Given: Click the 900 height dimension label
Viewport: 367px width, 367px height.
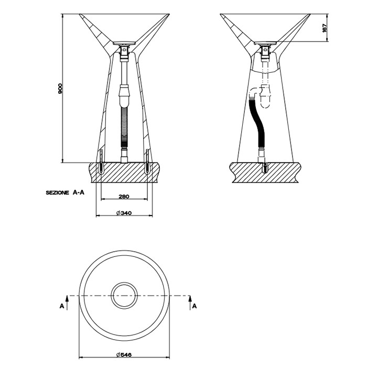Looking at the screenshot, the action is pos(60,88).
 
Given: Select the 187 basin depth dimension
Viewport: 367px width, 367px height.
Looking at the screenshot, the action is pos(325,28).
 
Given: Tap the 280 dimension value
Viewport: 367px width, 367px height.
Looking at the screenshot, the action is pos(124,197).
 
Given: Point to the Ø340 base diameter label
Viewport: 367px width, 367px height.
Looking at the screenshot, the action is pos(124,213).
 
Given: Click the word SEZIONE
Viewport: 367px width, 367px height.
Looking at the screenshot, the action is pos(57,193).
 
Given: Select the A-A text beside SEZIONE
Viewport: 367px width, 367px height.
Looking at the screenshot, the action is pos(79,192).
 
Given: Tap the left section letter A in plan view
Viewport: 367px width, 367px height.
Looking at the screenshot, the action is pos(62,306).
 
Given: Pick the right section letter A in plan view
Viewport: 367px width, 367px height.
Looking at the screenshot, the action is pos(195,306).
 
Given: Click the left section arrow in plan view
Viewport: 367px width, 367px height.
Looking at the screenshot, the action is pos(67,303).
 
